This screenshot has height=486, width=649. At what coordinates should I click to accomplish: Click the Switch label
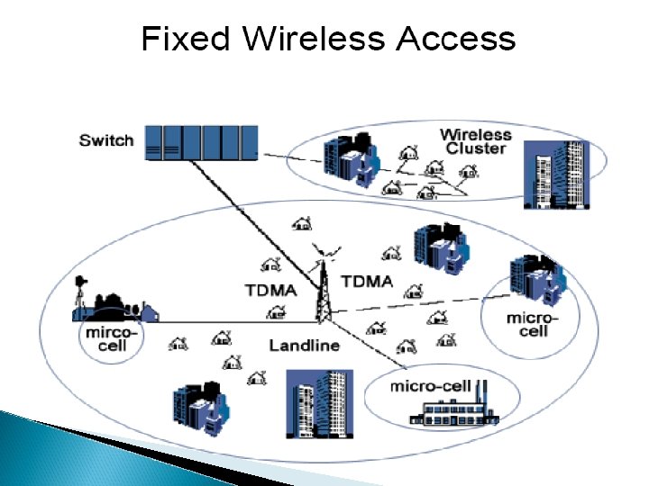[x=106, y=140]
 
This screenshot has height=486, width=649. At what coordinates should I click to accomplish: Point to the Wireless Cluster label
[x=475, y=141]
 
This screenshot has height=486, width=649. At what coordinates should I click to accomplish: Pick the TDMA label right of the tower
[x=367, y=281]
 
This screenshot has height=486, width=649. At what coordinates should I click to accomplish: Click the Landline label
[x=304, y=346]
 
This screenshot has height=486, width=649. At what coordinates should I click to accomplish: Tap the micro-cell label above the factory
[x=430, y=386]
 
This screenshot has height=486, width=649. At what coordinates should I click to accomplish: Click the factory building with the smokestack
[x=456, y=410]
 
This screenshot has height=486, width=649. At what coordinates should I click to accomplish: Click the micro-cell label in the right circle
[x=532, y=324]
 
